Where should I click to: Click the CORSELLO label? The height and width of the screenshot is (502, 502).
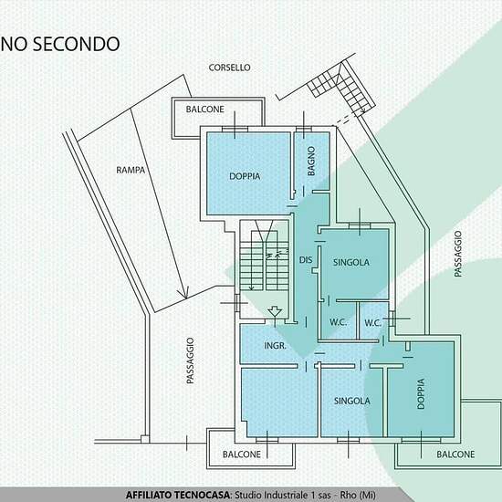pos(229,68)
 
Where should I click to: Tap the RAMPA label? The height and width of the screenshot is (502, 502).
pos(131,170)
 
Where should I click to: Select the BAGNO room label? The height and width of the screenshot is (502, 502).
pos(311,161)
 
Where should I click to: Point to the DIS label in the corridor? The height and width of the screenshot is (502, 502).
pos(306,259)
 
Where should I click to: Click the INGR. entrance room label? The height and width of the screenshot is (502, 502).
pos(275,346)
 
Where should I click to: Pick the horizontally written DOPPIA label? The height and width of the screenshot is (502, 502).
pos(245,176)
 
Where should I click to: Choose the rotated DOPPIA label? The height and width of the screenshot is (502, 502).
pos(421,393)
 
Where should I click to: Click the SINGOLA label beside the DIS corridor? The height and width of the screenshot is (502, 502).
pos(351,262)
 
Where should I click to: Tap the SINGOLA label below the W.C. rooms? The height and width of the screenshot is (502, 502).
pos(351,401)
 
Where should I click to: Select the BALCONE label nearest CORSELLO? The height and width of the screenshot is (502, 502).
pos(204,110)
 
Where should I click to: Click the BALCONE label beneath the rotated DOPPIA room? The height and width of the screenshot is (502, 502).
pos(455,454)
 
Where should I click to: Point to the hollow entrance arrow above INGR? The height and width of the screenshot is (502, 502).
pos(275,312)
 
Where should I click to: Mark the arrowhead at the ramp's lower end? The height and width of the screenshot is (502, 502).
pos(184,292)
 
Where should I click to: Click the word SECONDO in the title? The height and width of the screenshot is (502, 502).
pos(77,44)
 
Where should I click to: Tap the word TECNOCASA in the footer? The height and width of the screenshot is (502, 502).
pos(198,495)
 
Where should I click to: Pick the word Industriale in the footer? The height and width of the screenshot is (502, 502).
pos(288,495)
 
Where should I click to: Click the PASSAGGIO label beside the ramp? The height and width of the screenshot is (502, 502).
pos(190,361)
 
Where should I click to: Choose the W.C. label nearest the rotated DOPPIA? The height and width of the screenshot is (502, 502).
pos(372,323)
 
